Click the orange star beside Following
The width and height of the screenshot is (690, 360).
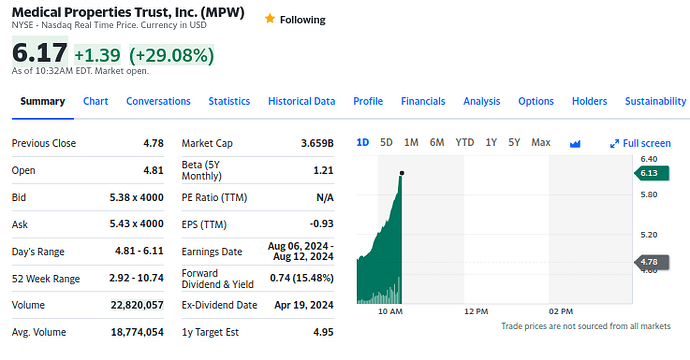[270, 18]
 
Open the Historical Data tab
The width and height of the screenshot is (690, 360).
[301, 101]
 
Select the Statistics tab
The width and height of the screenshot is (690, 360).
[229, 101]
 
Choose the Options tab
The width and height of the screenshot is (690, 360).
[536, 101]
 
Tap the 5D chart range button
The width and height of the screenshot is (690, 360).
[386, 143]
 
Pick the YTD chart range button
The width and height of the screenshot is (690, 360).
[465, 143]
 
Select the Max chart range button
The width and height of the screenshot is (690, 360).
[541, 143]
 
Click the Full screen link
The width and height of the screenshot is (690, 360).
[640, 143]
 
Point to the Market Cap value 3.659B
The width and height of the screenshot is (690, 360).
[317, 143]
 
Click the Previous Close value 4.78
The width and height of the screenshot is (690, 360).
[154, 143]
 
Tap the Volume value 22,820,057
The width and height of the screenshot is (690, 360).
[137, 305]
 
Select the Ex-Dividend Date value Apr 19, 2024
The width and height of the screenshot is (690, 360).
[304, 305]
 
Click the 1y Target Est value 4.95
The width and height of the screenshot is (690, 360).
[323, 332]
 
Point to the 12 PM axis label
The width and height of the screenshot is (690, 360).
[476, 312]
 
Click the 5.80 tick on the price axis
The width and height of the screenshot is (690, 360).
[649, 195]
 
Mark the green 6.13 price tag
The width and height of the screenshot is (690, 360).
[652, 173]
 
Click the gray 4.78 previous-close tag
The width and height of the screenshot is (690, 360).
[652, 262]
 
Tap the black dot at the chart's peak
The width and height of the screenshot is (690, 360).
[402, 173]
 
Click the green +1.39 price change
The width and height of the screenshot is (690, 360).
[97, 55]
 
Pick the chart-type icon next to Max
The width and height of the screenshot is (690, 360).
[575, 143]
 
